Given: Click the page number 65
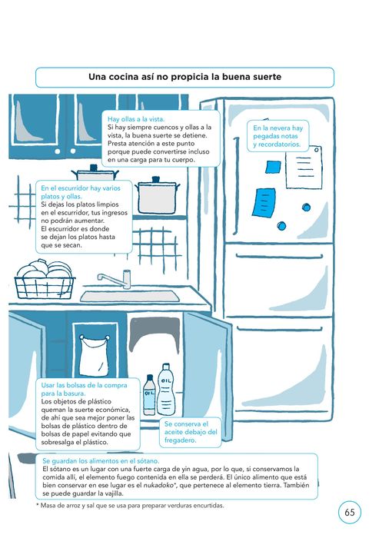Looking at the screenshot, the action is point(350,513).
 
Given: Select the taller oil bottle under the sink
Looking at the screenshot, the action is point(167,390).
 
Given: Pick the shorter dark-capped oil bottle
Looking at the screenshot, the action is point(149,394).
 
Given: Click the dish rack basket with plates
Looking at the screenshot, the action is point(45,280).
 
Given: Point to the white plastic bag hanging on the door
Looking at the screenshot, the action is point(94,356).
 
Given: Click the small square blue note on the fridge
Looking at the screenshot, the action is point(273,167).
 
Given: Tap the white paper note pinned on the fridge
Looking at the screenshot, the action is point(304,167).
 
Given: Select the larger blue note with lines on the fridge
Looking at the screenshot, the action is point(264,202).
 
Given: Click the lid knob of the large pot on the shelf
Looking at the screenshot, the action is point(156,179).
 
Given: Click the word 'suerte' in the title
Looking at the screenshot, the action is point(267,77).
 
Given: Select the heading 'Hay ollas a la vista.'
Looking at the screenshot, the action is point(136,119).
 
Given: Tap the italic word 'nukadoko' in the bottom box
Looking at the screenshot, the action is point(158,486).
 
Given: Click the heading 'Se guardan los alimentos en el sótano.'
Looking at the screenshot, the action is point(101,461).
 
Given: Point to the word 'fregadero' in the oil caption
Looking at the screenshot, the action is point(180,440).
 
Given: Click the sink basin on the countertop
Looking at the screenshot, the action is point(130,297).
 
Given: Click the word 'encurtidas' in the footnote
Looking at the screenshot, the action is point(208,506).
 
